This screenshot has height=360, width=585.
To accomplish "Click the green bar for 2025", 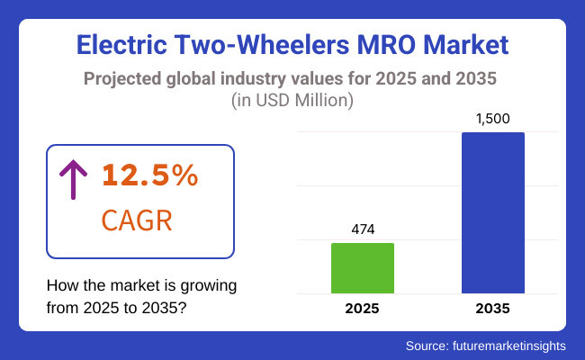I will (363, 268).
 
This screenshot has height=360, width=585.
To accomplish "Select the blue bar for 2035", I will (492, 213).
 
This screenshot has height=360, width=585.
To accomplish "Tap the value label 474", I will (363, 229).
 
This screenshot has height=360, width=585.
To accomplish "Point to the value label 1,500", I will (492, 120).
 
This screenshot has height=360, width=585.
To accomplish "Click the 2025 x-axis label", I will (363, 309).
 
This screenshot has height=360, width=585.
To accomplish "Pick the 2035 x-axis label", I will (492, 309).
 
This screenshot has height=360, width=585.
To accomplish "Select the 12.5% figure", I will (149, 175).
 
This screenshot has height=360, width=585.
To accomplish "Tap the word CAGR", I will (135, 219).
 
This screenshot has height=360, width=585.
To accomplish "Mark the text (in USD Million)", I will (292, 101).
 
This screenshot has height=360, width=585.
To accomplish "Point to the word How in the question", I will (61, 286).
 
